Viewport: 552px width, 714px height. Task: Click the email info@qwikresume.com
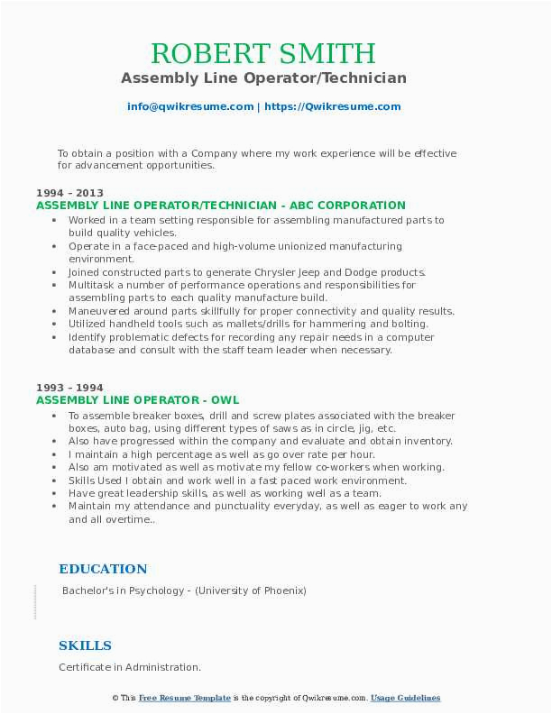pos(190,106)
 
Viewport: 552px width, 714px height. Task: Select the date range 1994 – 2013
pos(69,193)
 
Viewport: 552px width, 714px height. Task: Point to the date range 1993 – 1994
pos(69,388)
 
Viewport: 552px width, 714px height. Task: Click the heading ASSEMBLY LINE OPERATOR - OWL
pos(137,400)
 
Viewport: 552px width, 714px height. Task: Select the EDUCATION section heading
pos(103,569)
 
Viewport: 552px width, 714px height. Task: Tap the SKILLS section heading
pos(85,645)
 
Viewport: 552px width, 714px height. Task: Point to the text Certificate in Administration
pos(129,668)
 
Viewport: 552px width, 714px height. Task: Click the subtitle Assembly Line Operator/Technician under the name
pos(263,78)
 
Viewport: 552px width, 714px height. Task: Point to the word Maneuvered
pos(102,311)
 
